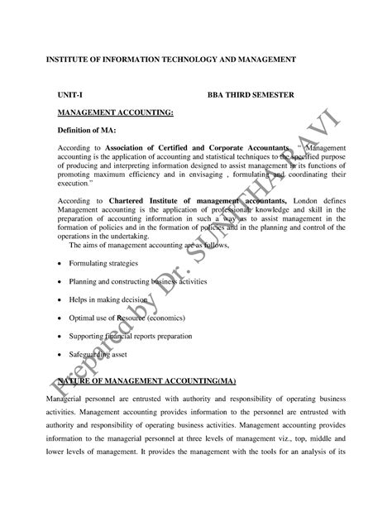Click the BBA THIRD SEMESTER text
pyautogui.click(x=250, y=95)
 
